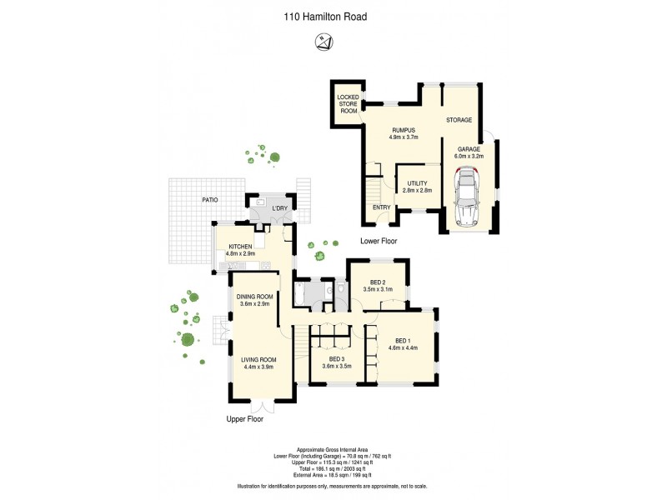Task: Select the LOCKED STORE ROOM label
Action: (348, 103)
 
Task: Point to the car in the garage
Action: (468, 197)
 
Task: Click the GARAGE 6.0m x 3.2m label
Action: (468, 152)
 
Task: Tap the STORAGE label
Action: (459, 120)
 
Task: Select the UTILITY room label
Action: (417, 187)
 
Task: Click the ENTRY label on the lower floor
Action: (382, 207)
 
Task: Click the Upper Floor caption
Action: (245, 420)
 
